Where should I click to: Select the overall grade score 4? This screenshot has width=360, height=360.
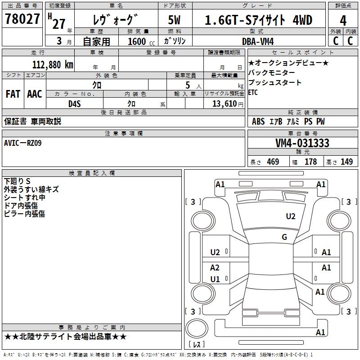click(x=343, y=21)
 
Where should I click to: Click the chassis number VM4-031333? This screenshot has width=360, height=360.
click(x=302, y=143)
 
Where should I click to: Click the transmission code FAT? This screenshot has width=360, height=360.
click(x=13, y=94)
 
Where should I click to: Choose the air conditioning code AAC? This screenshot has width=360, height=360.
click(x=35, y=94)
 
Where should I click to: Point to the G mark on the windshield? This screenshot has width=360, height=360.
click(x=284, y=237)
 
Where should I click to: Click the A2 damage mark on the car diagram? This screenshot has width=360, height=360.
click(x=215, y=267)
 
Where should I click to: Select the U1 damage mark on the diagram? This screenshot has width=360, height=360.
click(x=215, y=279)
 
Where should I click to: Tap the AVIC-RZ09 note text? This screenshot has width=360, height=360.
click(x=23, y=143)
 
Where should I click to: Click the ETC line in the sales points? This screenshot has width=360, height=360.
click(x=253, y=93)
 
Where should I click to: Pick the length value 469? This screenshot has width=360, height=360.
click(x=273, y=162)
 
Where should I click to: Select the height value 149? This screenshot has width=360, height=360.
click(x=346, y=162)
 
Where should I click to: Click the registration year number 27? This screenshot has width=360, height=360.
click(x=58, y=23)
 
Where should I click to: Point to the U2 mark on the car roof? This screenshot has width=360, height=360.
click(x=291, y=216)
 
